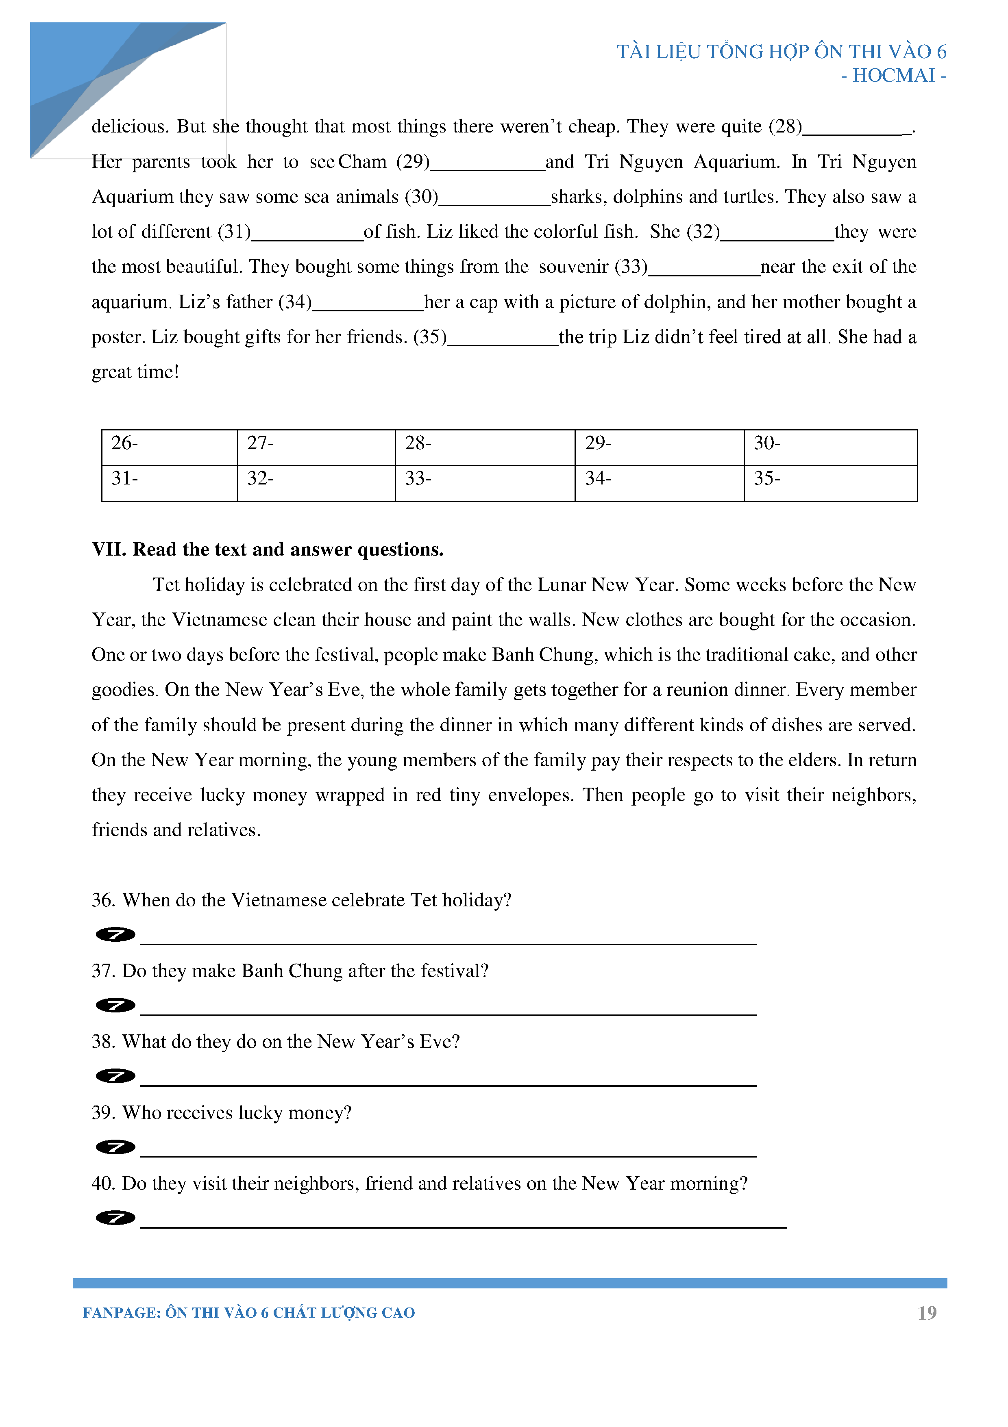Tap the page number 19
pyautogui.click(x=927, y=1313)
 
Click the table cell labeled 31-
pyautogui.click(x=169, y=482)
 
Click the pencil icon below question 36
pyautogui.click(x=115, y=934)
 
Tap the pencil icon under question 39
pyautogui.click(x=115, y=1147)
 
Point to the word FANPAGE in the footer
pyautogui.click(x=121, y=1313)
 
